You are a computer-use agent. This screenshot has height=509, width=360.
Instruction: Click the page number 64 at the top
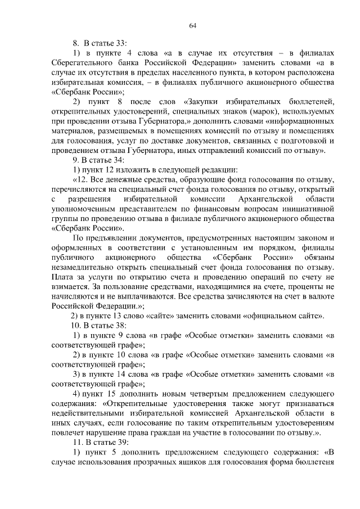(x=192, y=25)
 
